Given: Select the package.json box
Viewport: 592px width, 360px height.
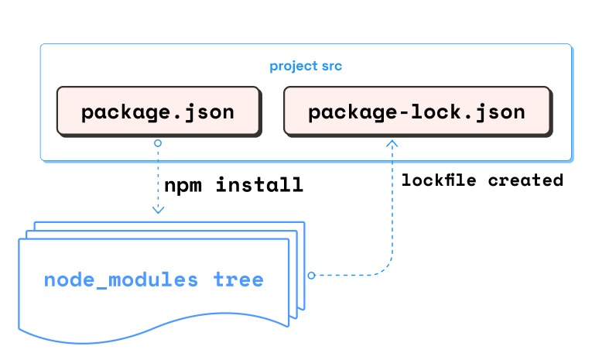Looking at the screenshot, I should (157, 112).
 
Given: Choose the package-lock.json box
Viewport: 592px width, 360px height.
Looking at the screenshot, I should (416, 112).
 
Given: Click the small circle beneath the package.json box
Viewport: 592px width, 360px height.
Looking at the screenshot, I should (158, 143).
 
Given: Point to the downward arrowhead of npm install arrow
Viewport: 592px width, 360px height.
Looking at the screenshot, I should (158, 209).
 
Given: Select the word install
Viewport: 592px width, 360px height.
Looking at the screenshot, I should (258, 186).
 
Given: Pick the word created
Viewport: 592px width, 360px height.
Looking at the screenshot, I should (525, 180).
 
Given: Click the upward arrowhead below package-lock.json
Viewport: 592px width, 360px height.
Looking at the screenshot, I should (392, 143).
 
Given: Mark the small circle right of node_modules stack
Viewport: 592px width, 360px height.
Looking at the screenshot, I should (311, 275).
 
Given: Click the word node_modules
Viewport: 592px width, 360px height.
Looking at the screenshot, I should (121, 279).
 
